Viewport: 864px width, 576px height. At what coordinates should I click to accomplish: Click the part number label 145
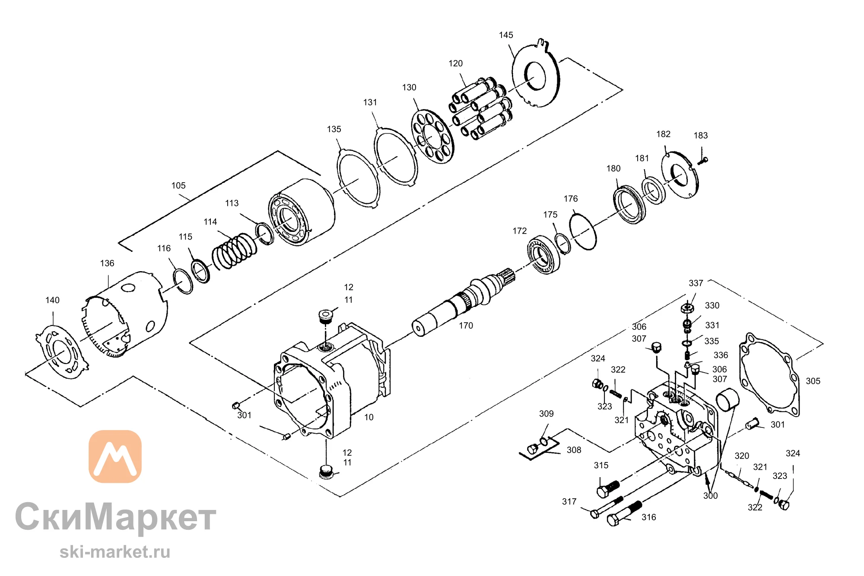pos(506,35)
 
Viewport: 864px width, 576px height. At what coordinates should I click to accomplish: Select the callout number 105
pos(178,186)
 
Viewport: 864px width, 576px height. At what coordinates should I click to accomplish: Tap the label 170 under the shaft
pos(466,326)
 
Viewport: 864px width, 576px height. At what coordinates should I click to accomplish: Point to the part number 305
pos(813,381)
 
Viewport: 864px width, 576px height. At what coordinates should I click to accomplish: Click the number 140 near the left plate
pos(52,300)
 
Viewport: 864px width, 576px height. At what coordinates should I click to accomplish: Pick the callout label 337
pos(696,283)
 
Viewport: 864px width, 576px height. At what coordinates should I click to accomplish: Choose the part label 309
pos(546,414)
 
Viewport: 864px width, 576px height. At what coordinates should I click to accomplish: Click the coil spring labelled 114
pos(234,251)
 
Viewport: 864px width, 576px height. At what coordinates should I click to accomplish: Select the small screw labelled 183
pos(703,161)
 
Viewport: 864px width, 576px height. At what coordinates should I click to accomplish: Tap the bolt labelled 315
pos(608,489)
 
